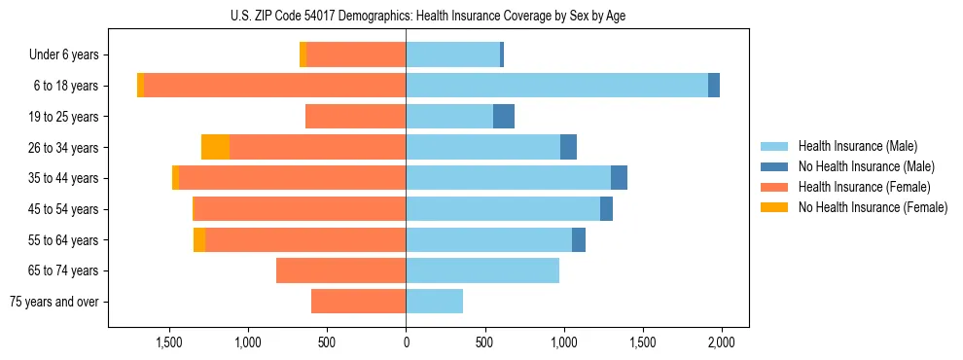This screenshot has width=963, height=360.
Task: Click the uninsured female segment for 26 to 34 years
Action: [215, 147]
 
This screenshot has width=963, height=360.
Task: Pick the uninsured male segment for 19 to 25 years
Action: [503, 117]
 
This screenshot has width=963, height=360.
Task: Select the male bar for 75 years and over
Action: [434, 302]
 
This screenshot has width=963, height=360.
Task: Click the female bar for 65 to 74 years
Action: [340, 270]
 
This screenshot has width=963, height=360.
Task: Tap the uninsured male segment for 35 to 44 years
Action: [619, 178]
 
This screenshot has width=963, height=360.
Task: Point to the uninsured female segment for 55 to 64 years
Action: [199, 239]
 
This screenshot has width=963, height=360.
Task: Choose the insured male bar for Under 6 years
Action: [452, 55]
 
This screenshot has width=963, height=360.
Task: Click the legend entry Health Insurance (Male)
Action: [857, 146]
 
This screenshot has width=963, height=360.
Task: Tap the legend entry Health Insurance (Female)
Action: [864, 187]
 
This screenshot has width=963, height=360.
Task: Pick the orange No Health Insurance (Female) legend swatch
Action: [774, 207]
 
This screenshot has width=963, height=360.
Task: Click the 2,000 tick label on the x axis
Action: [721, 343]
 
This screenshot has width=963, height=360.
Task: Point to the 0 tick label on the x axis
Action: [406, 343]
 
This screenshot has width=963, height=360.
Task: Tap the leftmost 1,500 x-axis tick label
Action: [169, 343]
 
